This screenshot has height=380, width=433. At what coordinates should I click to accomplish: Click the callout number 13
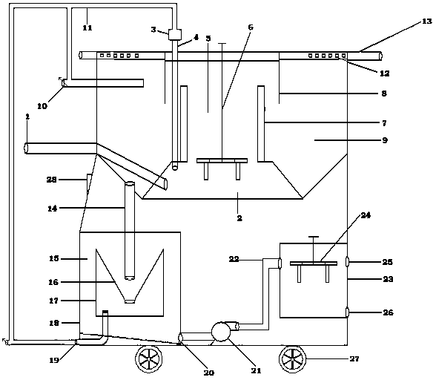[426, 22]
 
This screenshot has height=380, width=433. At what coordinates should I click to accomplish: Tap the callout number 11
[87, 27]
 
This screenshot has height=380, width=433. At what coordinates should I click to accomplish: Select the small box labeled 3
[175, 35]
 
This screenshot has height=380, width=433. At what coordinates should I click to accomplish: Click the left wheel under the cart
[148, 359]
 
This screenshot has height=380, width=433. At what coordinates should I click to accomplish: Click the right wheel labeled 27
[293, 359]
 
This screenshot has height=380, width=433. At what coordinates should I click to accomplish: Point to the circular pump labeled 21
[221, 331]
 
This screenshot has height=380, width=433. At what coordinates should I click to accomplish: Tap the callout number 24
[366, 215]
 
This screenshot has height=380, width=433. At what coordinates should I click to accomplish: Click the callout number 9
[385, 140]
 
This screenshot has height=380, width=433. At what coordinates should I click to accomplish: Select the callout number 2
[239, 218]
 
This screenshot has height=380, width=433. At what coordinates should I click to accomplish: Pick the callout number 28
[51, 180]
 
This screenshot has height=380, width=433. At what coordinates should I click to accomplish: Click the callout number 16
[53, 282]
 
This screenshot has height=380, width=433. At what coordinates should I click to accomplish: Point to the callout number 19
[54, 361]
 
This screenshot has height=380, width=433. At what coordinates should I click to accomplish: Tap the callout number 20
[209, 373]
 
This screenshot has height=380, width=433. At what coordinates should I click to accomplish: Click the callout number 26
[388, 312]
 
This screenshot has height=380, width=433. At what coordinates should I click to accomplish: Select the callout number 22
[234, 259]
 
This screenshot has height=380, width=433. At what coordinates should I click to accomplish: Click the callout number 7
[384, 123]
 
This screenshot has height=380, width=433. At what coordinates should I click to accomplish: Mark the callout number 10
[42, 106]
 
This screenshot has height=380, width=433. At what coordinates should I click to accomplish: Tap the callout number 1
[27, 117]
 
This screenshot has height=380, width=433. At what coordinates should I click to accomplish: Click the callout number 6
[251, 27]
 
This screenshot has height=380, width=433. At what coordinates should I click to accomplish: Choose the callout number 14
[53, 209]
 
